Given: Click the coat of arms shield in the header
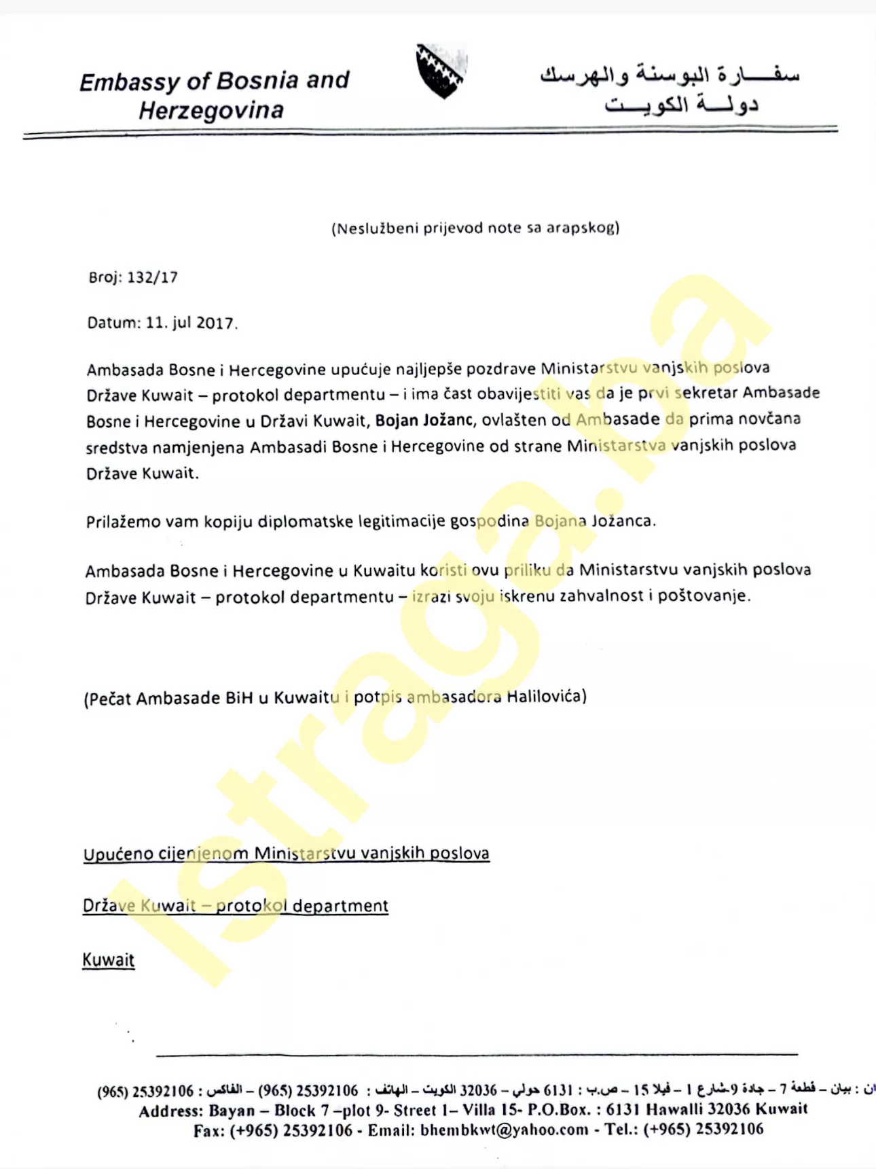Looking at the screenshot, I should point(441,71).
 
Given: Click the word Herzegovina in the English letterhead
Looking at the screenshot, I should point(211,110).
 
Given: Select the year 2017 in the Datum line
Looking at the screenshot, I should point(215,323).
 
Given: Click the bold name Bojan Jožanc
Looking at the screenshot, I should point(424,420).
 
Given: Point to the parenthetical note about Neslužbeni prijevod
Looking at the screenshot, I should point(475,228).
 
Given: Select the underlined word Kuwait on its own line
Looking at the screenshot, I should point(109,960).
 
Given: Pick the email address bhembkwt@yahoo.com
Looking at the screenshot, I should point(505,1130).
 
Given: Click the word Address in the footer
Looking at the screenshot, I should point(170,1111).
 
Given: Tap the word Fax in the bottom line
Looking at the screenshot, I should point(208,1130).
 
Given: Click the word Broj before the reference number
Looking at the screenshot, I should point(103,277).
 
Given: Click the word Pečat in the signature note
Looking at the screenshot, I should point(109,699).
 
